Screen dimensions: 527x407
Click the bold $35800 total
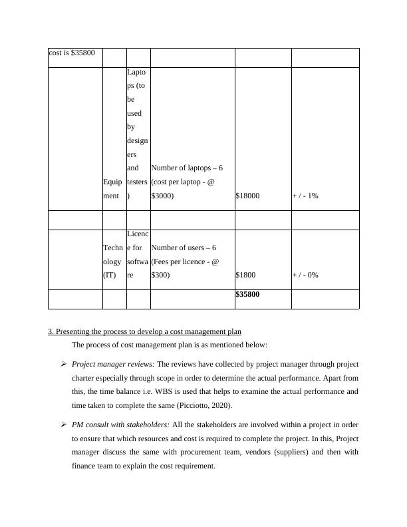click(247, 295)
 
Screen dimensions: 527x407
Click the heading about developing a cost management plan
click(145, 331)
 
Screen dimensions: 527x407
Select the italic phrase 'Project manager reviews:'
click(112, 365)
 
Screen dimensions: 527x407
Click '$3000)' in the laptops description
click(162, 196)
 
